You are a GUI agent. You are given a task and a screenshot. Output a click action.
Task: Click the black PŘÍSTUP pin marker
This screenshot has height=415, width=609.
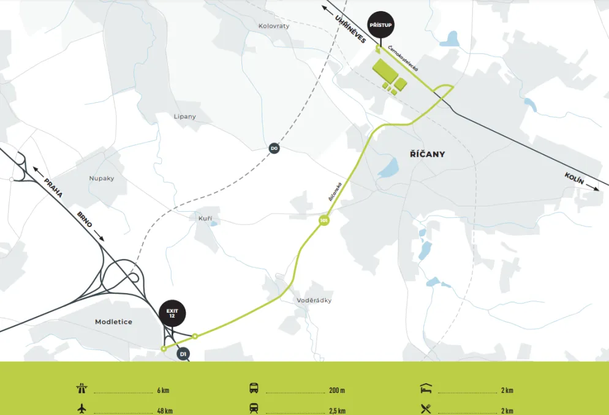click(x=380, y=25)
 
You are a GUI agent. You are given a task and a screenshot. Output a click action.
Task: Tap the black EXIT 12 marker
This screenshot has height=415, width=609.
click(x=172, y=313)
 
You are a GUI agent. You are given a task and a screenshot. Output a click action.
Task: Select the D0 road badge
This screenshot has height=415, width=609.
click(x=274, y=148)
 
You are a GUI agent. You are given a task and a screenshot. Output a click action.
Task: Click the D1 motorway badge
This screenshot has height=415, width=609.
click(x=183, y=354)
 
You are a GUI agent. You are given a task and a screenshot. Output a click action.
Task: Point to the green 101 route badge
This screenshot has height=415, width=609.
click(x=323, y=221)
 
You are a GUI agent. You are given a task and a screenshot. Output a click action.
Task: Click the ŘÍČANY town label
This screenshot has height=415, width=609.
click(x=427, y=154)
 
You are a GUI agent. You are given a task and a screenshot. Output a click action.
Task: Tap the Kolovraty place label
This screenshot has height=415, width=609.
click(x=274, y=26)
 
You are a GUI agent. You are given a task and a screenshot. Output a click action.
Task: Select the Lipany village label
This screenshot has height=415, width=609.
click(x=185, y=116)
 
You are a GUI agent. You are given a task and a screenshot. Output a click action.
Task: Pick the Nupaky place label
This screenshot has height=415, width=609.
click(x=102, y=178)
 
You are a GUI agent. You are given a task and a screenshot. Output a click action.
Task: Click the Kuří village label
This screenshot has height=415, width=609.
click(x=205, y=219)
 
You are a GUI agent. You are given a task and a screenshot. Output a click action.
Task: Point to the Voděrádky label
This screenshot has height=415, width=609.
click(x=314, y=300)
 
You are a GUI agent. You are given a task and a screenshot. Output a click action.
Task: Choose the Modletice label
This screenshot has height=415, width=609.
click(x=113, y=321)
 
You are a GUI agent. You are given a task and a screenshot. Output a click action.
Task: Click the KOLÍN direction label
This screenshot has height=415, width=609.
click(x=574, y=178)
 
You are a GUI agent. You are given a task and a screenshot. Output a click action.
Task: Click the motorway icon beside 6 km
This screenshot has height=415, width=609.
click(x=82, y=389)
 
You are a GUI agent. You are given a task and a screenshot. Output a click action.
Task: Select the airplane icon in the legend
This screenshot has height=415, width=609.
click(x=82, y=408)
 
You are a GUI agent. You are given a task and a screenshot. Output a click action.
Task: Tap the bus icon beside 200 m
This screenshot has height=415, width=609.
click(x=254, y=388)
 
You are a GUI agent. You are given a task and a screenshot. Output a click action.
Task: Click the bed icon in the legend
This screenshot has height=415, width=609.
click(x=426, y=388)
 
